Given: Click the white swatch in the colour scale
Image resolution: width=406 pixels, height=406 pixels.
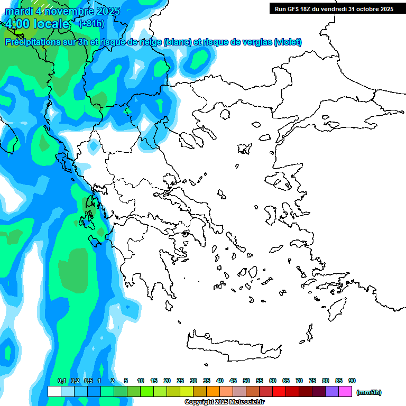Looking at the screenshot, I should coord(54,391).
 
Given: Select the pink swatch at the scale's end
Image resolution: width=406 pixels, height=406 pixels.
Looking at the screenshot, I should coord(345,391).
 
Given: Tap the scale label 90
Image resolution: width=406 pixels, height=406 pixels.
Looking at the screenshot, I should coord(352,381).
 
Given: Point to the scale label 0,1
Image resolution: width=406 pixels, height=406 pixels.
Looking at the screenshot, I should coord(62,381).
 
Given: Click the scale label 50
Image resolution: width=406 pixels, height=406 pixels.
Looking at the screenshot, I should coord(246,381).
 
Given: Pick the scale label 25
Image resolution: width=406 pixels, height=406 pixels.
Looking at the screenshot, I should coord(180,381).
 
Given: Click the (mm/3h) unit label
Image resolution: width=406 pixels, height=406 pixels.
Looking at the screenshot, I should coord(368,392).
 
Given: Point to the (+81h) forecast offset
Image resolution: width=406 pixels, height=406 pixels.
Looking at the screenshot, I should coord(91,23).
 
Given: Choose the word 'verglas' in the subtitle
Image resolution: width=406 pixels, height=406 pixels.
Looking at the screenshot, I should coord(253,42).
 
